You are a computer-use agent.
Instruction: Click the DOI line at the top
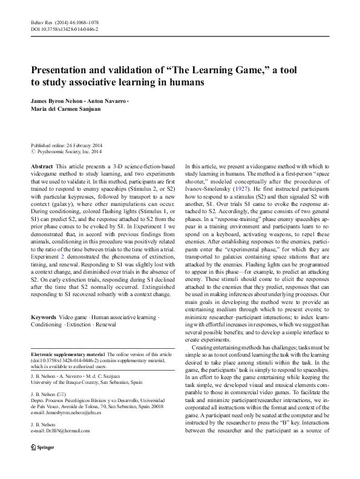click(x=65, y=28)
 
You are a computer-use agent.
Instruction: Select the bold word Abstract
click(x=41, y=166)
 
